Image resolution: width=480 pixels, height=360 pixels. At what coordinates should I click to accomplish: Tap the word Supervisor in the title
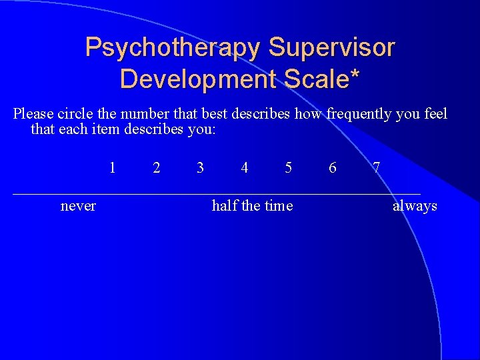331,49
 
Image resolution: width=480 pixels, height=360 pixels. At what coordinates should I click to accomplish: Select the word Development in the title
199,79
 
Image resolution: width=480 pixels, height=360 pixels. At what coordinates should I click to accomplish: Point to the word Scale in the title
315,79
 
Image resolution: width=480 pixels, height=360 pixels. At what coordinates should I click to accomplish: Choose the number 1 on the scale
113,168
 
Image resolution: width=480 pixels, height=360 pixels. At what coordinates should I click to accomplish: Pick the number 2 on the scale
157,168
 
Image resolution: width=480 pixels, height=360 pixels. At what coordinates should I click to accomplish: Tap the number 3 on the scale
201,168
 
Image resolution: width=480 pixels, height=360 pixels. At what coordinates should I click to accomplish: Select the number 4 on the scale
245,168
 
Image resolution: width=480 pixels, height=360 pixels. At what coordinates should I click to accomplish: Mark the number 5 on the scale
289,168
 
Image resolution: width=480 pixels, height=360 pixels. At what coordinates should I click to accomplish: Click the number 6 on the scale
333,168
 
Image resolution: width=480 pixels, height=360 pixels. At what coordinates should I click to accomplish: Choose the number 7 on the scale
377,168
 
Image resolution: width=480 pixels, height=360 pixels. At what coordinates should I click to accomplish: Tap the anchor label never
78,206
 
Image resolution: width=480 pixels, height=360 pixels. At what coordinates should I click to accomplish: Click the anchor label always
415,206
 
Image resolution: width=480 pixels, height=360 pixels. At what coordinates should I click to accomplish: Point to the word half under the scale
225,206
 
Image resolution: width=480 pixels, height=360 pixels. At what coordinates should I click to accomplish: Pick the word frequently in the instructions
358,114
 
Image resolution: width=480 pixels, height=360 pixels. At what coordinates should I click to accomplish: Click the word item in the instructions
106,129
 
